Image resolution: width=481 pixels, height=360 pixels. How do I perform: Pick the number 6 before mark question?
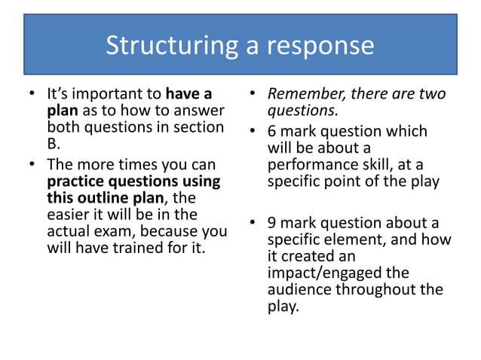[x=273, y=131]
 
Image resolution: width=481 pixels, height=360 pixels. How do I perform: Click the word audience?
[x=300, y=289]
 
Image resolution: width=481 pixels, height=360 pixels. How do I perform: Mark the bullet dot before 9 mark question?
[x=253, y=223]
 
